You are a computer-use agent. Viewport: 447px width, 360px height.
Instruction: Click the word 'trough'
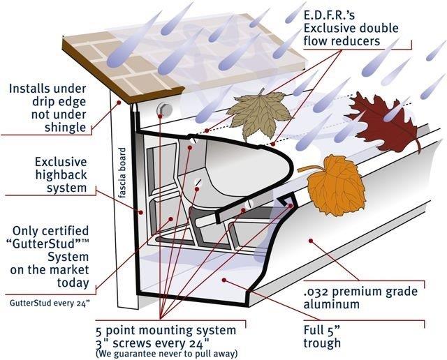coord(323,343)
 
